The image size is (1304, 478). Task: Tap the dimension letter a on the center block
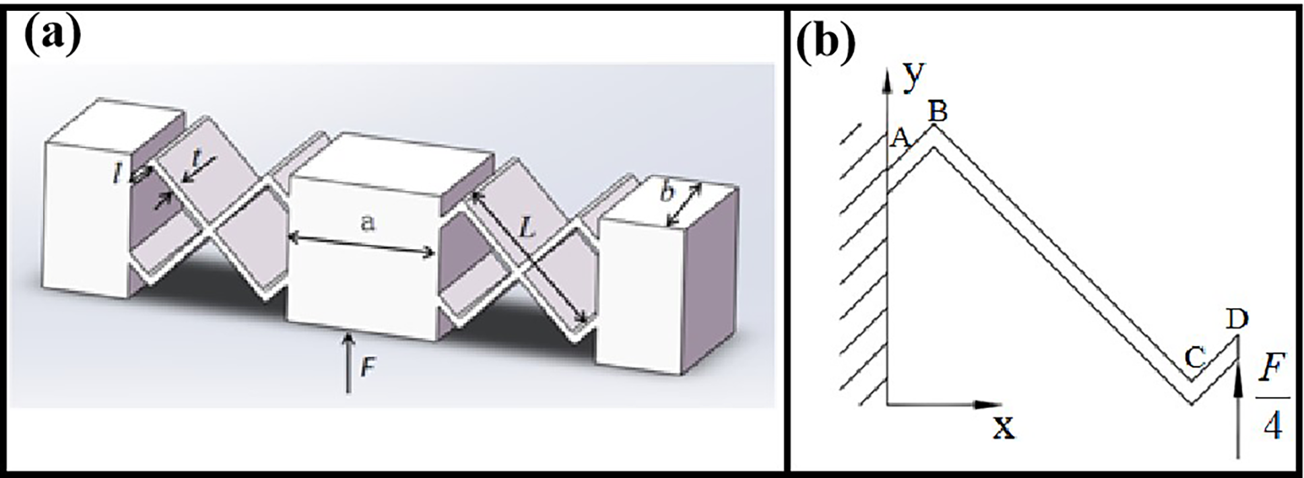367,223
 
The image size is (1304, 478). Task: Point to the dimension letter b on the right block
667,193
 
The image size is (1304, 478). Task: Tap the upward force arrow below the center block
348,362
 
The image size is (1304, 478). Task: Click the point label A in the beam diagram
901,139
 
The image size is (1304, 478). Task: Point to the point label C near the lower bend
1194,358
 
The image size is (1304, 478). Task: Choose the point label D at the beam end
1237,320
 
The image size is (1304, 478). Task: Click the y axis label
914,76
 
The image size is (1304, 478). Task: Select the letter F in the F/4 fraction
1272,369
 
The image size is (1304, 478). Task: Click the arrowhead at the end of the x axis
988,405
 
